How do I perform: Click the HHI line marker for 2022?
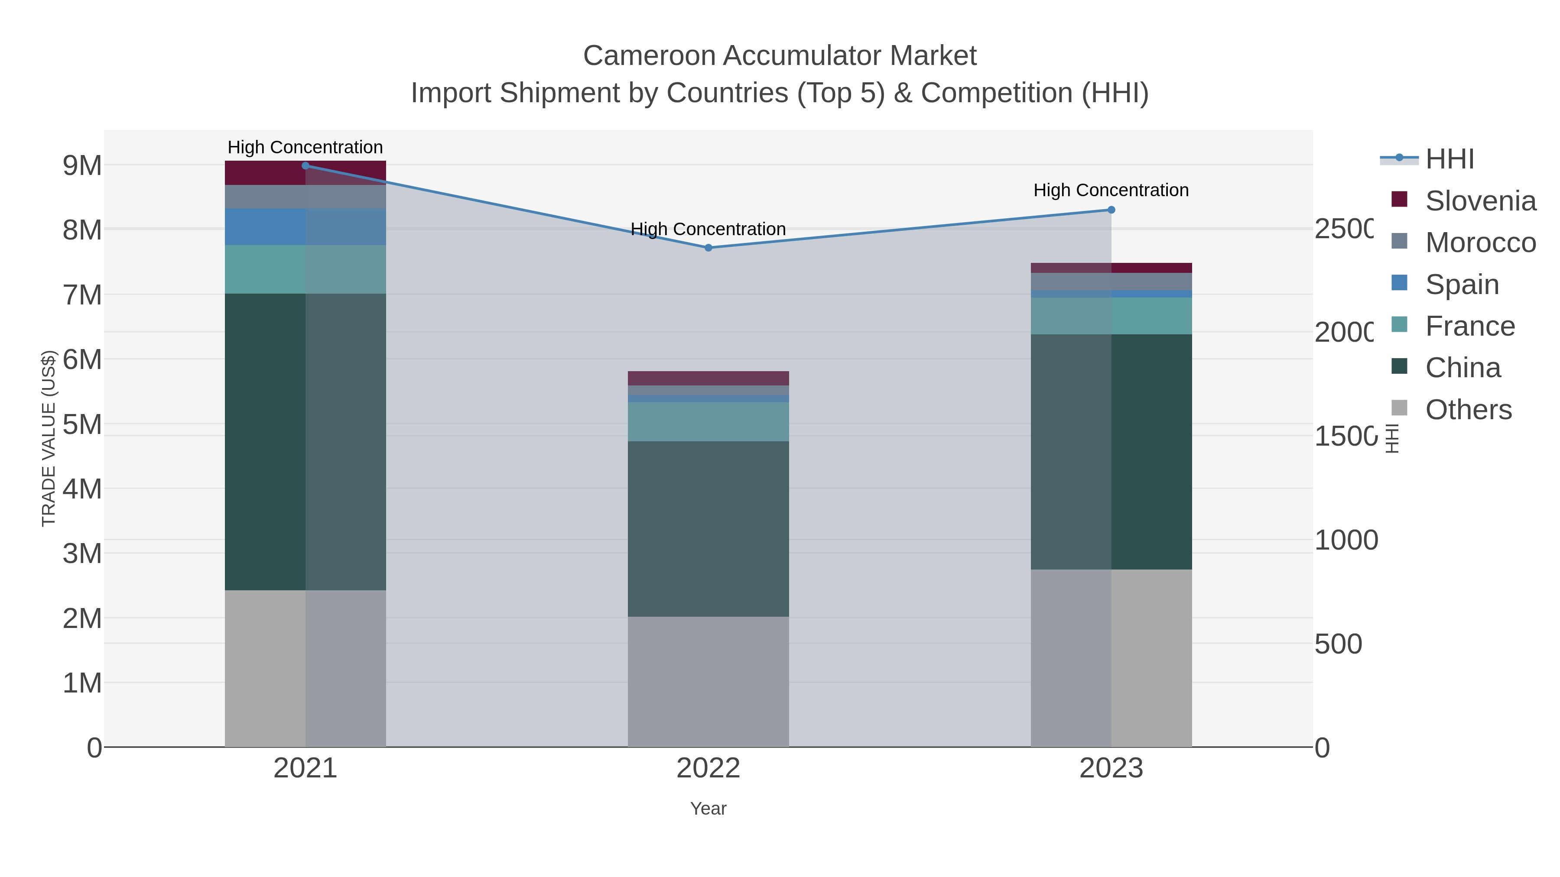click(708, 248)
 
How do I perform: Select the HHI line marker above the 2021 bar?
click(305, 166)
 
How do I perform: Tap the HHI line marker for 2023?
click(1111, 210)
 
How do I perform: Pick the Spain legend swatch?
click(1400, 283)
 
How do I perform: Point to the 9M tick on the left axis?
click(82, 165)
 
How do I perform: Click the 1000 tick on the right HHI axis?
click(1345, 540)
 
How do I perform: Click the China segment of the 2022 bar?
click(708, 528)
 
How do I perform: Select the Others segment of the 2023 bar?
click(1111, 658)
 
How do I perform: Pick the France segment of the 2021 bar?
click(305, 269)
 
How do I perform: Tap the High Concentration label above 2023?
click(1111, 190)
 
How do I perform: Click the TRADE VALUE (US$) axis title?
click(49, 438)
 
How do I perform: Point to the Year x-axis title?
click(708, 809)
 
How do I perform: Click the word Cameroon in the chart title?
click(649, 56)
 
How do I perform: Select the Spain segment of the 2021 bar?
click(305, 227)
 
